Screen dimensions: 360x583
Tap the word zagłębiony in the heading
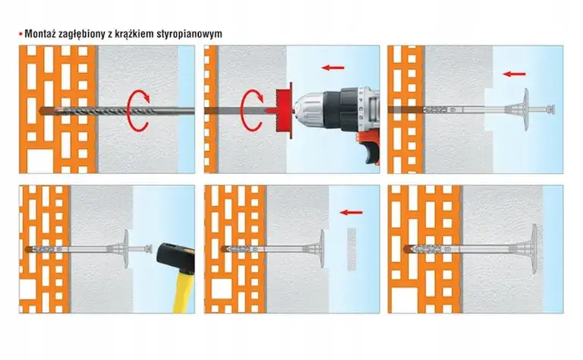click(87, 34)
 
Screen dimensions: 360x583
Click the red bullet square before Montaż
click(20, 34)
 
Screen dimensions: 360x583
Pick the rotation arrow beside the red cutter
click(254, 109)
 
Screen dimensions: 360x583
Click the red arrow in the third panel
click(514, 74)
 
